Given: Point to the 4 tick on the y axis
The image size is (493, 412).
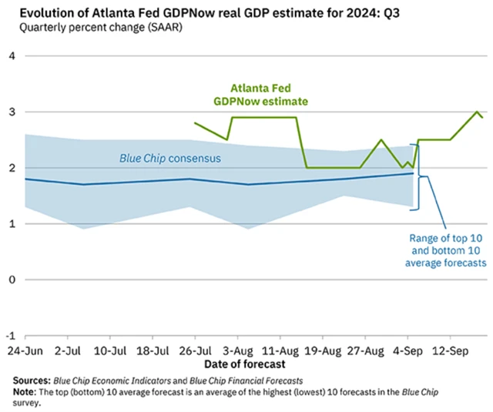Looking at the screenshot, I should [x=12, y=56].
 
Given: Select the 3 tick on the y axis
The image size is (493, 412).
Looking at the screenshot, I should [x=12, y=112].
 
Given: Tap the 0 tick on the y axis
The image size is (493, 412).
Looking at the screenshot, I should [x=12, y=280].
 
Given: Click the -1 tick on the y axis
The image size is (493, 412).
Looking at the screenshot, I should [x=11, y=336].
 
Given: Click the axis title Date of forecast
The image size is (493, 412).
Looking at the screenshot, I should [x=245, y=363].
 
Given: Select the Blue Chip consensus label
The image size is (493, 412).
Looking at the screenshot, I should [x=170, y=159].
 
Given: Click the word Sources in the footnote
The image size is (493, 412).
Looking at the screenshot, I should [x=31, y=380].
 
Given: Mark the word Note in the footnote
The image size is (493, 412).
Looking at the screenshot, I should [x=25, y=392].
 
